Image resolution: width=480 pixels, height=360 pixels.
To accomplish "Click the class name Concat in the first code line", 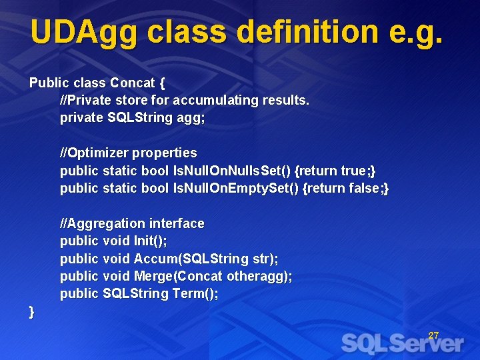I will point(133,83).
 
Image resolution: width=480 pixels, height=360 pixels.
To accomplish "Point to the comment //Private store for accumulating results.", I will point(185,101).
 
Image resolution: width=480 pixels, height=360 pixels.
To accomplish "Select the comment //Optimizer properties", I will point(129,153).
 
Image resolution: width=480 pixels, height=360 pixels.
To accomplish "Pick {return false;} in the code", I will point(346,188).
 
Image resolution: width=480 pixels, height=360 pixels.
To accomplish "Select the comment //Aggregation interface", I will point(132,223).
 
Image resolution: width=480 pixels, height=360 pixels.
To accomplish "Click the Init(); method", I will point(150,241).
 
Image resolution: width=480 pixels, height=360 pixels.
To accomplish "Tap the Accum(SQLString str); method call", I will point(206,258).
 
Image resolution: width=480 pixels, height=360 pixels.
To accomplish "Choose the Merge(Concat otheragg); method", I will point(213,276).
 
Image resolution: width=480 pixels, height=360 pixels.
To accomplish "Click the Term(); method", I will point(195,293).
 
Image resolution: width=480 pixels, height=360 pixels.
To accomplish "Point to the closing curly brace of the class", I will point(32,311).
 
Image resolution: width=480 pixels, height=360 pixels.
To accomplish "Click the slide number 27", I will point(433,335).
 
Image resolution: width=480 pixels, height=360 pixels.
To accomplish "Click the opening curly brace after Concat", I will point(161,83).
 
